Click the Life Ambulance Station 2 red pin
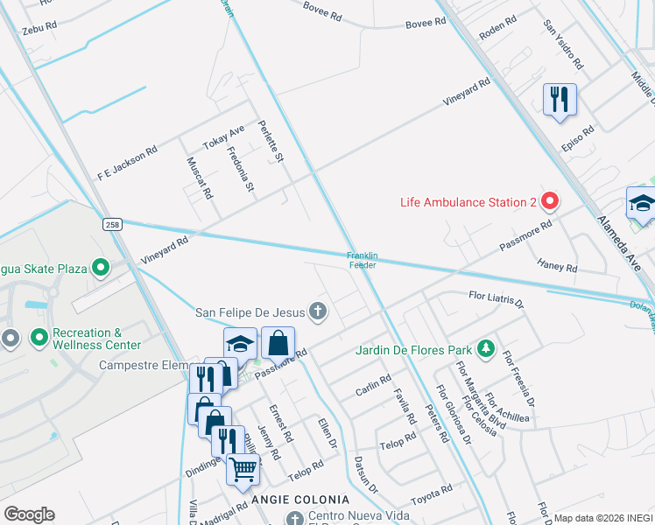point(550,202)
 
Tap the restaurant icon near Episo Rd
point(560,99)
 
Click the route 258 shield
point(111,223)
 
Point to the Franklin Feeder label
point(363,260)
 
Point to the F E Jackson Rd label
point(127,164)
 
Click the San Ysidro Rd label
point(563,45)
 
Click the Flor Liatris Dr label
point(496,301)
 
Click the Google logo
point(29,514)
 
